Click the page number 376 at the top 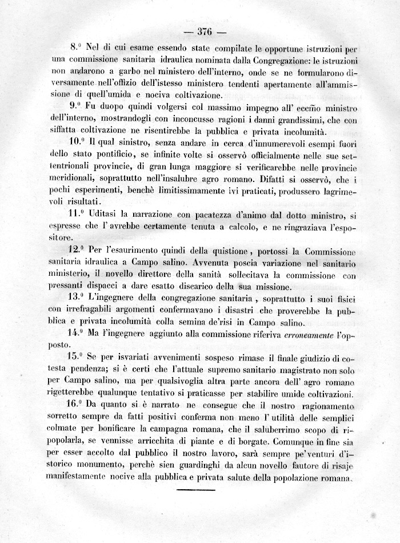(x=204, y=31)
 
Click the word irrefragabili (x=94, y=309)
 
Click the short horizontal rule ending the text (x=195, y=490)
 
